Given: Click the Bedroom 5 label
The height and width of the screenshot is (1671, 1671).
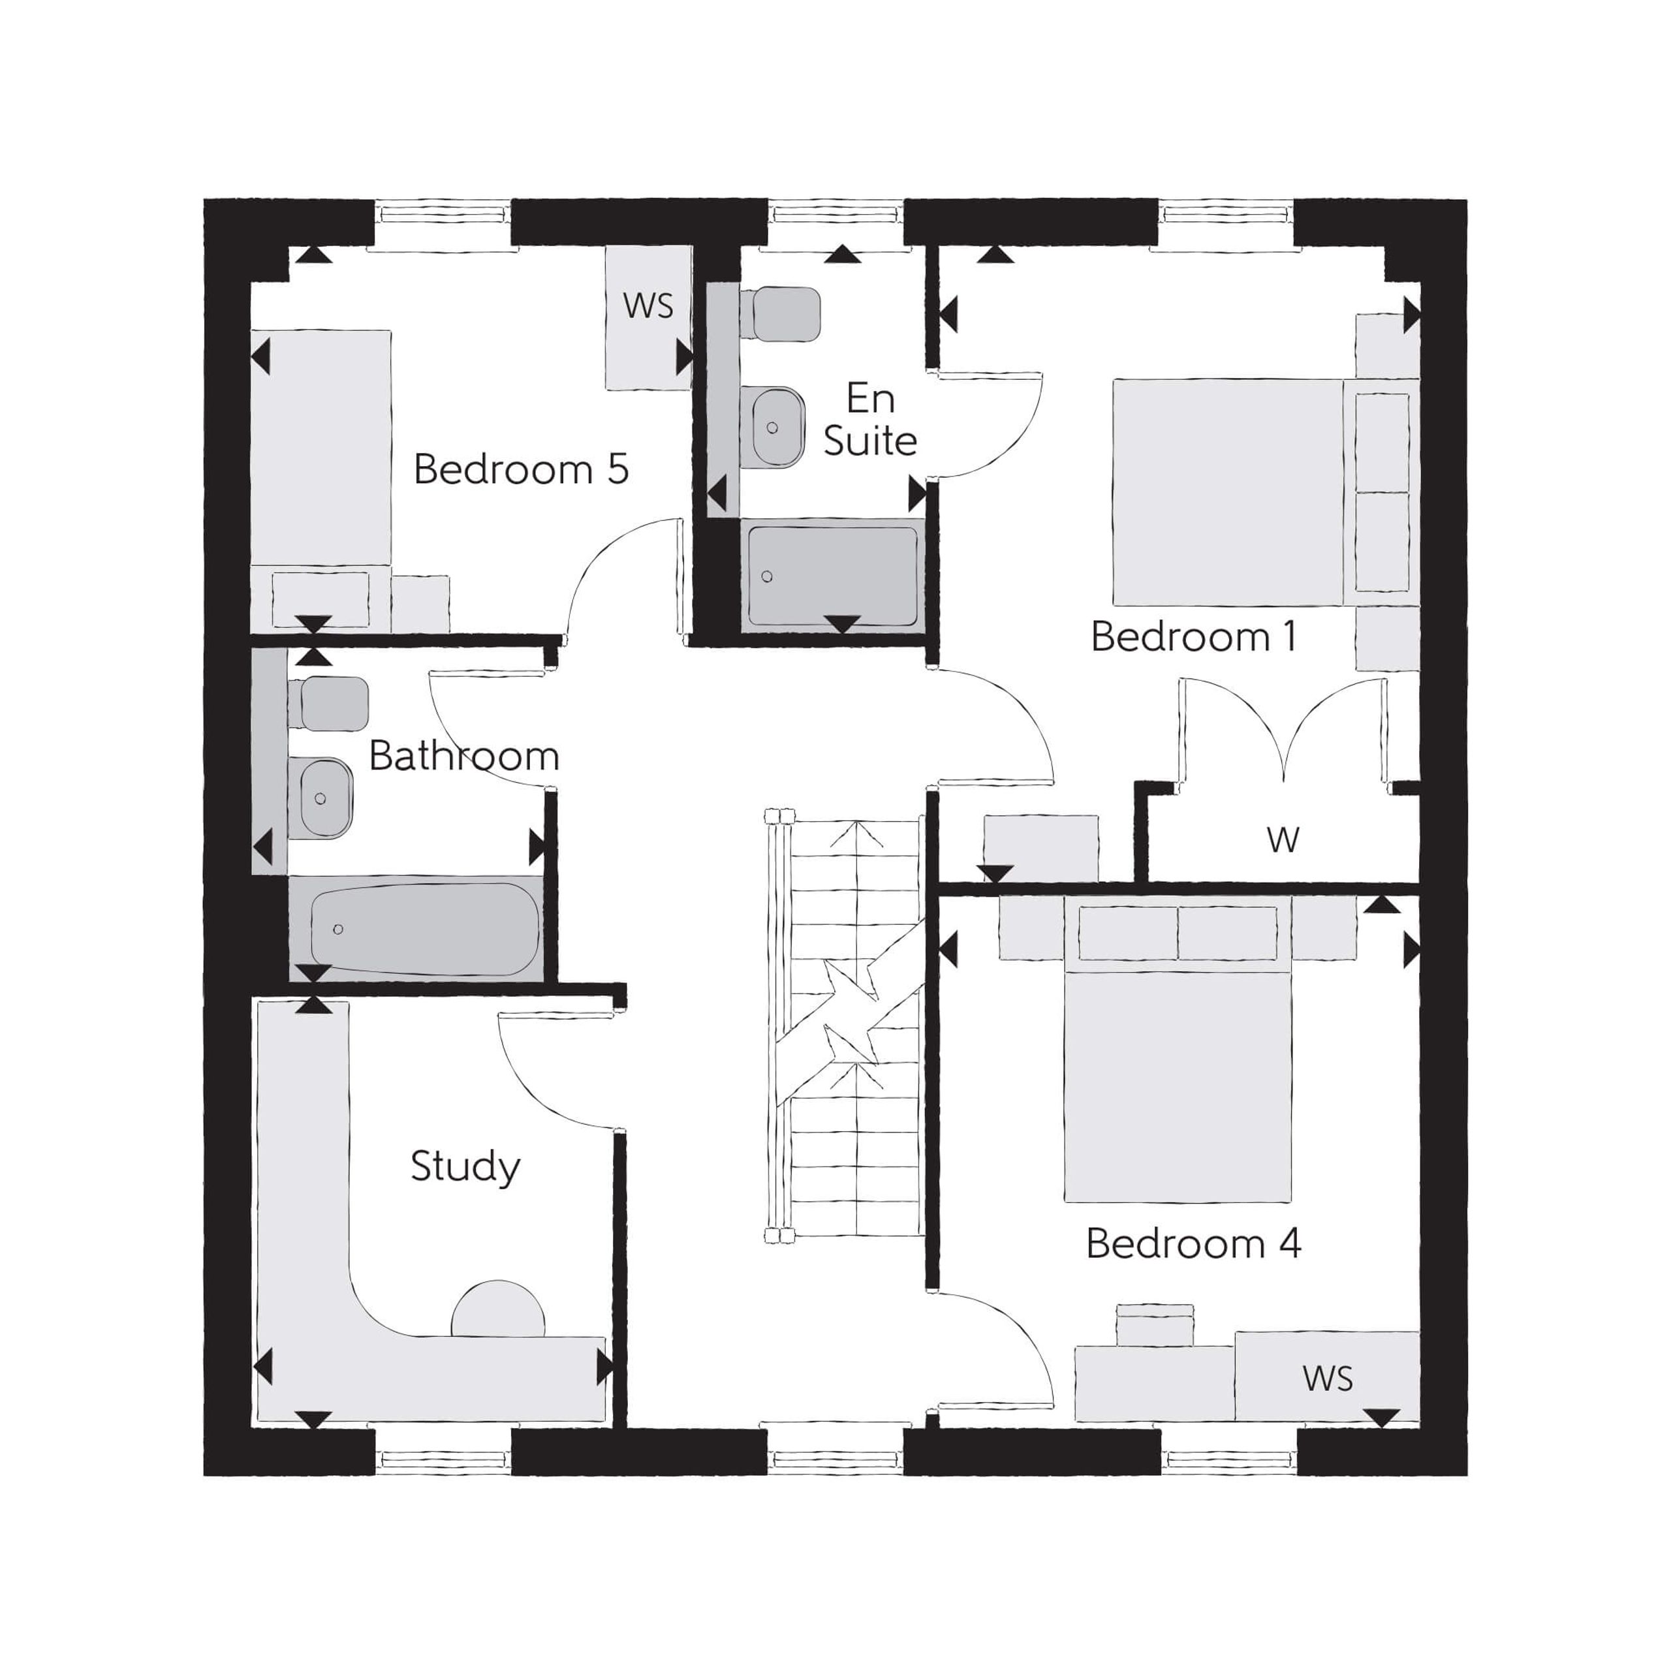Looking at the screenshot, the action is pyautogui.click(x=521, y=470).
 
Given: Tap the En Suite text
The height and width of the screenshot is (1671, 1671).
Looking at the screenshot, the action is pyautogui.click(x=870, y=420).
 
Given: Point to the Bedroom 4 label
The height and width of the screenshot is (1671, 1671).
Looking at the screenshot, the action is pyautogui.click(x=1194, y=1243).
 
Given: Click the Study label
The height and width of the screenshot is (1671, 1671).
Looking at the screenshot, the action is pyautogui.click(x=465, y=1166).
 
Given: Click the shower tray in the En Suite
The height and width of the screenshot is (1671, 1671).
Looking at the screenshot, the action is pyautogui.click(x=833, y=576).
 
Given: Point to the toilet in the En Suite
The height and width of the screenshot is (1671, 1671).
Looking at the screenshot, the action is pyautogui.click(x=780, y=314).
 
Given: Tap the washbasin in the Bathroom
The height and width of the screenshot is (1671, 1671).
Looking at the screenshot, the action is pyautogui.click(x=322, y=798).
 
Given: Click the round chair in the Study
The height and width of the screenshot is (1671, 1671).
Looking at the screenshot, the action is pyautogui.click(x=498, y=1309).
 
